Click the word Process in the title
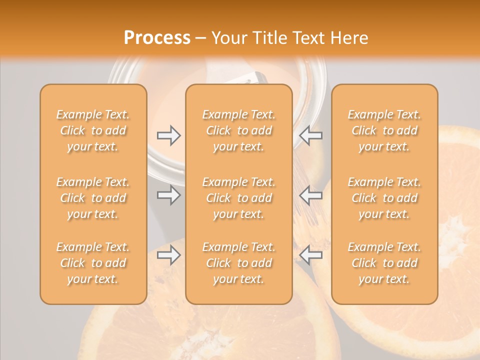[157, 38]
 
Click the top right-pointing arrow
[169, 135]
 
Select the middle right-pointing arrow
[169, 195]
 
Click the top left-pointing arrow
[310, 135]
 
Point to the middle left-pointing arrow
[310, 195]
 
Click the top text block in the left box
[93, 130]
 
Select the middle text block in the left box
[93, 198]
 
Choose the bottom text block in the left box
[93, 263]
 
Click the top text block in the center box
[238, 130]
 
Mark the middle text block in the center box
[238, 198]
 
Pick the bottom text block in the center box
[238, 263]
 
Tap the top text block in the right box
[384, 130]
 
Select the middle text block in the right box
[384, 198]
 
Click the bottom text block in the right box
[384, 263]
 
